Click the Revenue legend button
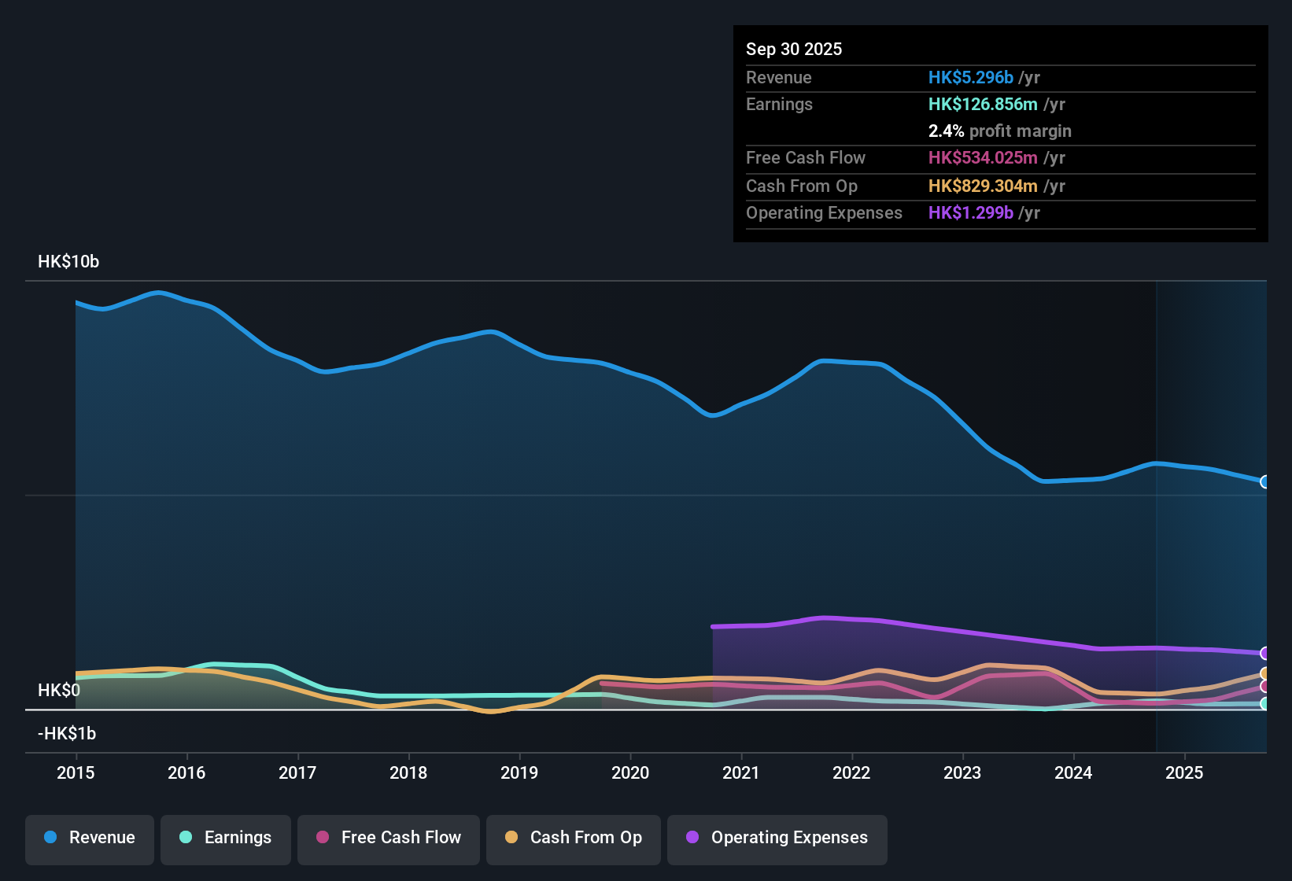coord(90,838)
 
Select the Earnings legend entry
coord(226,838)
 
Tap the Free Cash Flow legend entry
coord(389,838)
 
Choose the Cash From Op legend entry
coord(574,838)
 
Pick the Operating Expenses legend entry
coord(777,838)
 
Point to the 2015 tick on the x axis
coord(76,772)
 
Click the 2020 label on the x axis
coord(630,772)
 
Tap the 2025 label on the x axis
coord(1184,772)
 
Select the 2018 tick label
coord(408,772)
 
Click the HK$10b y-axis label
coord(68,262)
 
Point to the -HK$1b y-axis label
coord(67,734)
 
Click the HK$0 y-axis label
coord(59,691)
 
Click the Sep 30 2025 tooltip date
coord(794,50)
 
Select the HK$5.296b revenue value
coord(970,78)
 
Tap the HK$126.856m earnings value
coord(983,105)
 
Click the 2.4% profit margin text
coord(999,131)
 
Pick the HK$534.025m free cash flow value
coord(983,158)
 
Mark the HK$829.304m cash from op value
coord(983,186)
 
